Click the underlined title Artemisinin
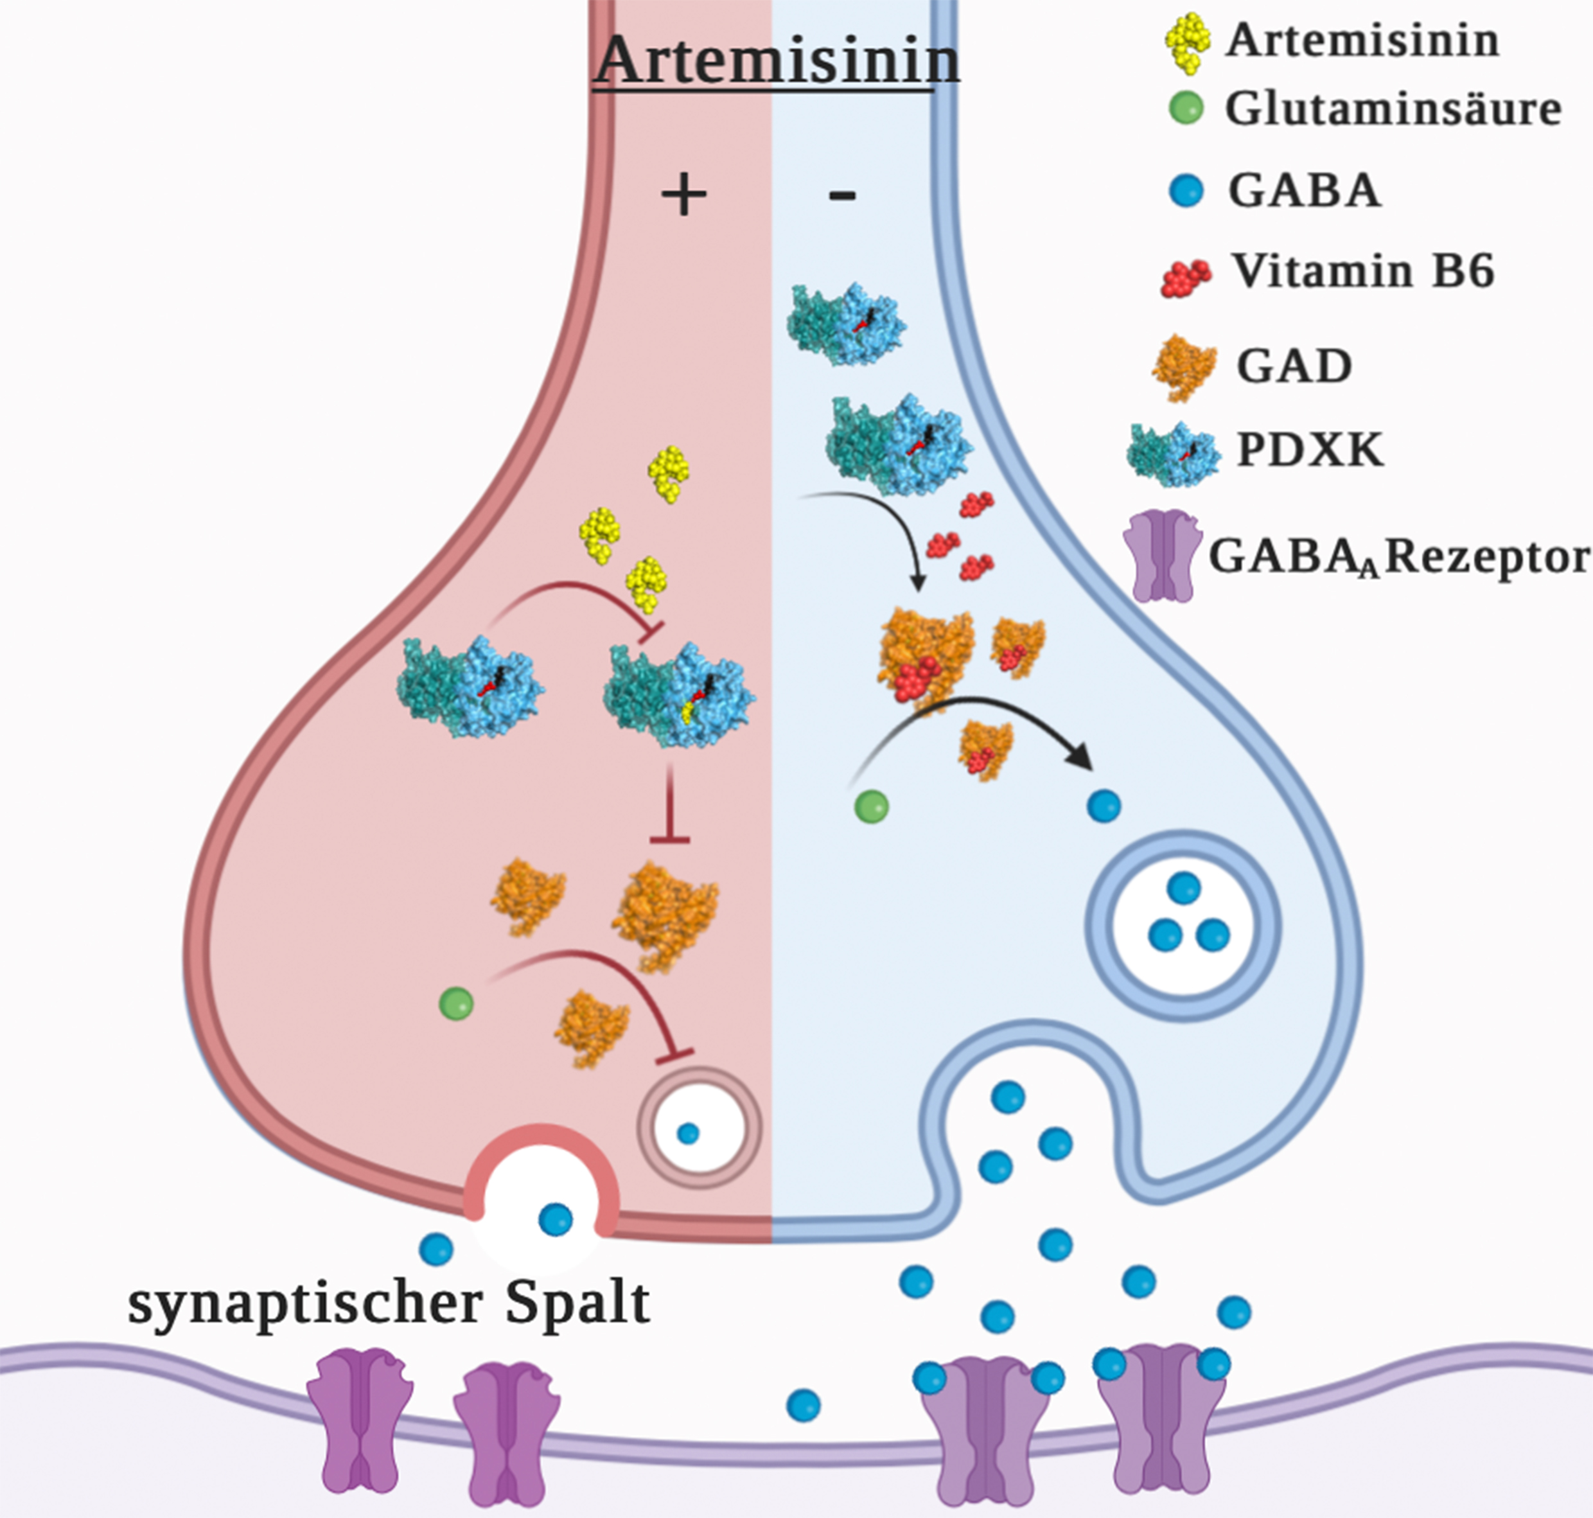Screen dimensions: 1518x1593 (777, 60)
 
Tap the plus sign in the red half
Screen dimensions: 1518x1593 (683, 196)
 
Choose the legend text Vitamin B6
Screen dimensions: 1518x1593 (1363, 271)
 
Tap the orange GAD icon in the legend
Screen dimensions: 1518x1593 (1184, 367)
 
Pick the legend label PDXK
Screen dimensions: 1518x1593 (1310, 450)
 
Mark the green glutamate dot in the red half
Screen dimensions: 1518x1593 (455, 1004)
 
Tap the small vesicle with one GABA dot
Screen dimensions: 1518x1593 (698, 1128)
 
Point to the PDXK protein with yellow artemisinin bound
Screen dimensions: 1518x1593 (680, 694)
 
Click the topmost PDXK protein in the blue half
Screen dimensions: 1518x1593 (845, 324)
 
